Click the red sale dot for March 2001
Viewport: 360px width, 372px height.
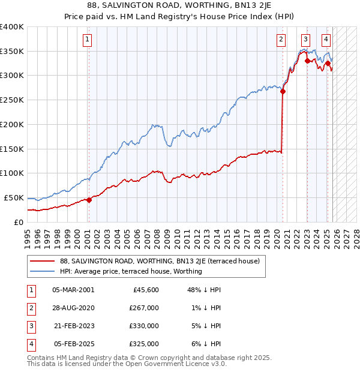point(89,200)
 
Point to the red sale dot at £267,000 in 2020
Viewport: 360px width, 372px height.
point(283,92)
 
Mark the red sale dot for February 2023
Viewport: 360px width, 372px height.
point(307,61)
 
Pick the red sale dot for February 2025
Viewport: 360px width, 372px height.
point(328,63)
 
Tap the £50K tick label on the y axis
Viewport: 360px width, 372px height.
point(14,197)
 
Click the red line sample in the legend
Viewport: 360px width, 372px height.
point(43,261)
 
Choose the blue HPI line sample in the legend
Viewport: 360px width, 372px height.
point(43,271)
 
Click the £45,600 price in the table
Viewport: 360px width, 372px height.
point(145,290)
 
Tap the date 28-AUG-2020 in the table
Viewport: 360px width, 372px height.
point(73,307)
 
